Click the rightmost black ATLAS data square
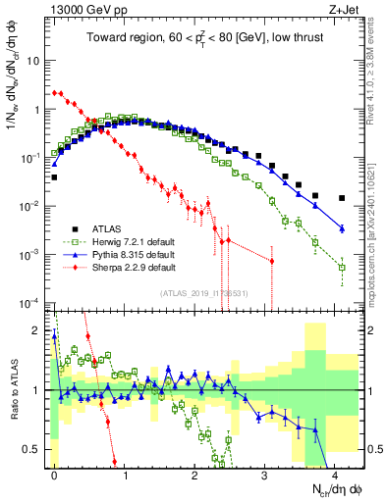click(x=342, y=198)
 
